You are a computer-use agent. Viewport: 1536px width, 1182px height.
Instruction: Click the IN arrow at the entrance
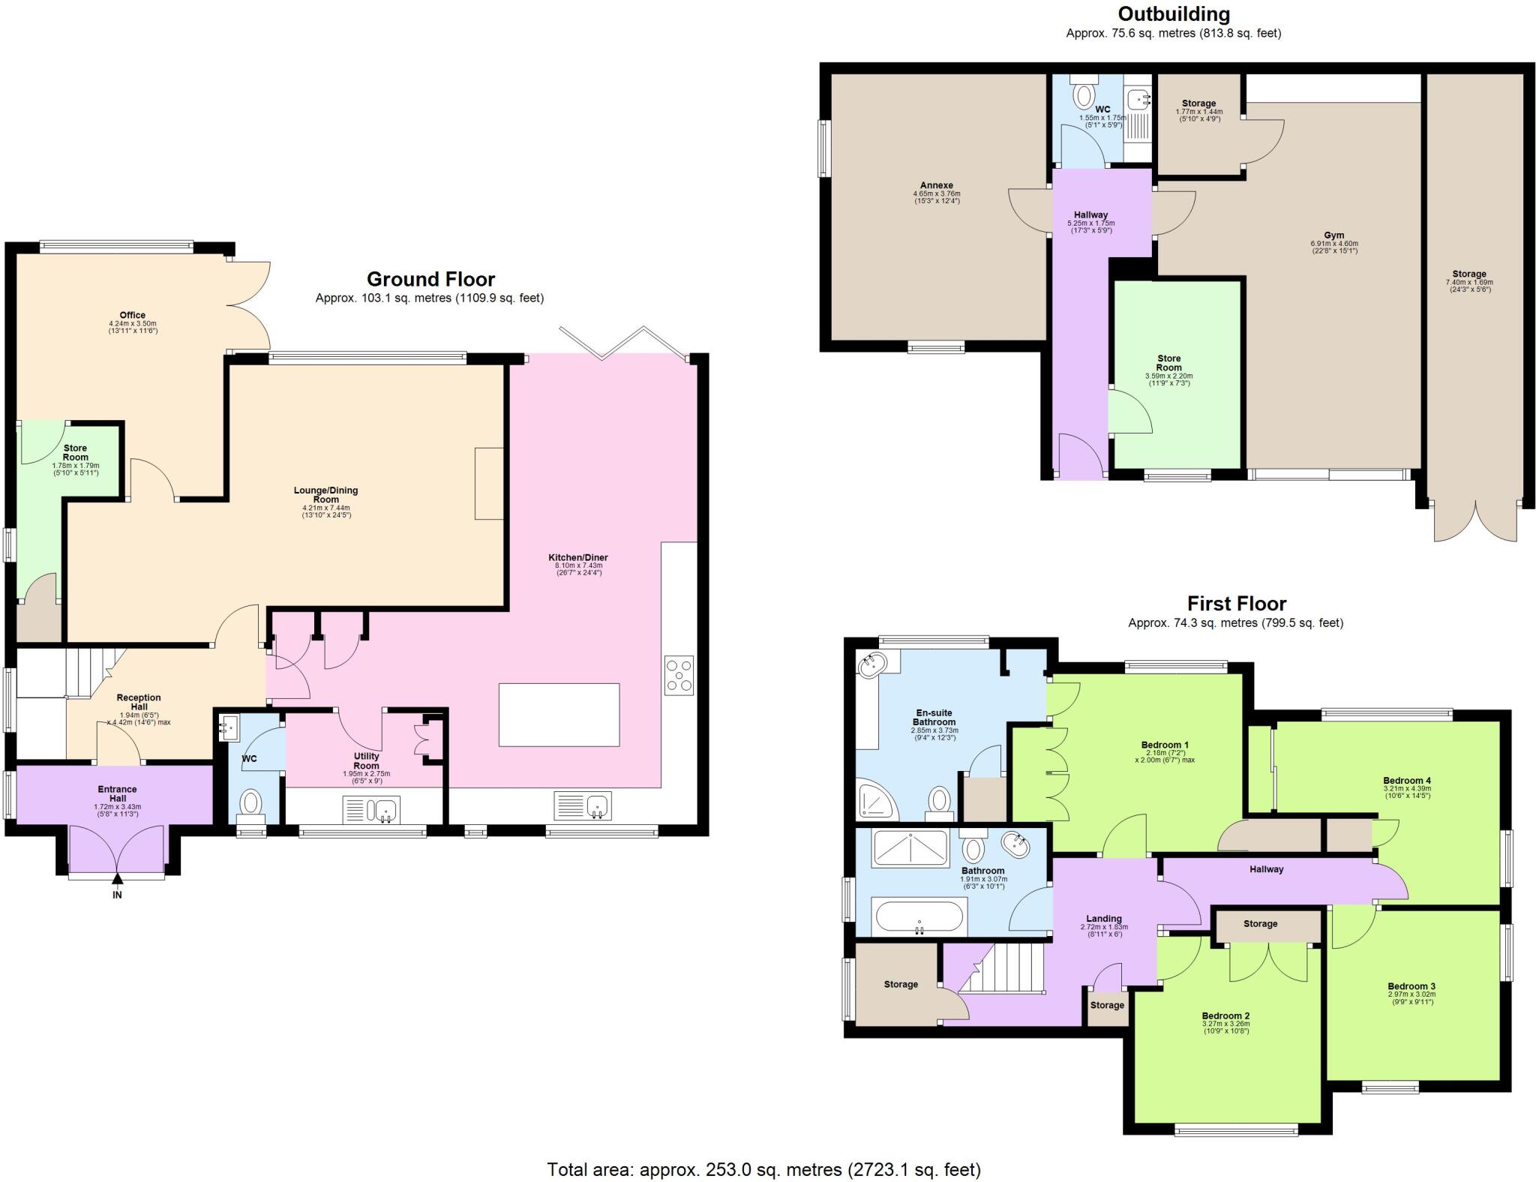coord(117,880)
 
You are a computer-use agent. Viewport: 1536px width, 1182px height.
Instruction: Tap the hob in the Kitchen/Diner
coord(679,675)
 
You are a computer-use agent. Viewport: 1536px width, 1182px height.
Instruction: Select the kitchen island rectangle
coord(559,714)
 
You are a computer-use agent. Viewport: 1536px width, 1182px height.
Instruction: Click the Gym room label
coord(1333,235)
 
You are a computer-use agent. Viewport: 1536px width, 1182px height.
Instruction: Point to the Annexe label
coord(937,185)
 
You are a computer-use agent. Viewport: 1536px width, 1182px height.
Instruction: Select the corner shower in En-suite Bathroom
coord(877,799)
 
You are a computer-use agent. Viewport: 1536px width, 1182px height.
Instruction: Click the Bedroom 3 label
coord(1411,986)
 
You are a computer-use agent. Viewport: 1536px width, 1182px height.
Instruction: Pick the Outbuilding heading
coord(1173,13)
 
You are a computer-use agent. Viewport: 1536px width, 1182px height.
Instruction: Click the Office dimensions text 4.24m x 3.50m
coord(132,324)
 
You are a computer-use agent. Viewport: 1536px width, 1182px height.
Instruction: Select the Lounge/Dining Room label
coord(325,494)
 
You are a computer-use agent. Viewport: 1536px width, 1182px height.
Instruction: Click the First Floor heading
coord(1236,604)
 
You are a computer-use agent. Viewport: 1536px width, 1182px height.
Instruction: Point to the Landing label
coord(1103,919)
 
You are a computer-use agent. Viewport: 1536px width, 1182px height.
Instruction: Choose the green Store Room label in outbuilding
coord(1168,363)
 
